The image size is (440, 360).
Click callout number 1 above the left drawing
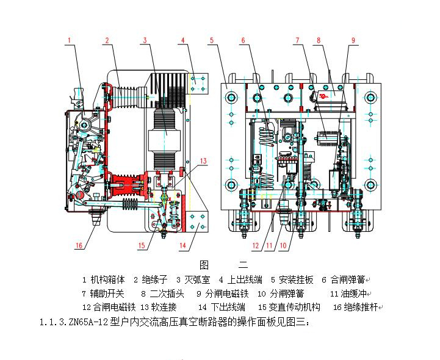(70, 40)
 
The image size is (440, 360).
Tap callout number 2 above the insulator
(106, 40)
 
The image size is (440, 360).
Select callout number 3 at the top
(145, 40)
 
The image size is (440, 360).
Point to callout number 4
(182, 40)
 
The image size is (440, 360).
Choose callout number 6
(242, 40)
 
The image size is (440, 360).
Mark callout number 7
(297, 40)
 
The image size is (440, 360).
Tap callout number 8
(318, 40)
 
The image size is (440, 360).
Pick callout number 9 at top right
(353, 40)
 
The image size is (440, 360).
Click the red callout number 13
(203, 162)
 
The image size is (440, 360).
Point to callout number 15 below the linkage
(142, 246)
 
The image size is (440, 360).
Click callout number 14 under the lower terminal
(182, 246)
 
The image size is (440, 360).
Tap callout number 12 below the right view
(257, 246)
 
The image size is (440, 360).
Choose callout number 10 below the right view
(283, 246)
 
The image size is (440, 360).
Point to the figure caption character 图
(204, 265)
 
